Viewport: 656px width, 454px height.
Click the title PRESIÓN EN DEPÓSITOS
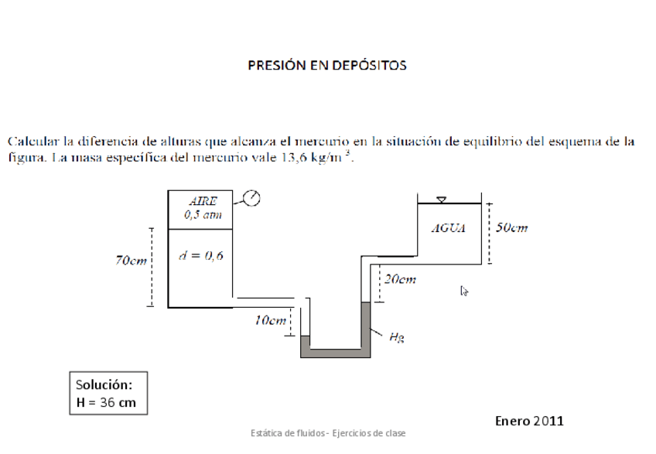click(327, 66)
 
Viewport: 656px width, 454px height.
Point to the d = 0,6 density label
click(200, 256)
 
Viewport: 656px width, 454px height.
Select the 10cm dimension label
click(271, 319)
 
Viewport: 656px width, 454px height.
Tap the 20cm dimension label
click(400, 279)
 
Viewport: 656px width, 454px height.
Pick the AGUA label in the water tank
click(449, 229)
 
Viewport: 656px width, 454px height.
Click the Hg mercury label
click(395, 336)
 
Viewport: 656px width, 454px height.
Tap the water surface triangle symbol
click(441, 200)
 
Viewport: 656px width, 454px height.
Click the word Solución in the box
click(104, 384)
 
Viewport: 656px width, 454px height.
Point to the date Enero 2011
click(529, 421)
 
